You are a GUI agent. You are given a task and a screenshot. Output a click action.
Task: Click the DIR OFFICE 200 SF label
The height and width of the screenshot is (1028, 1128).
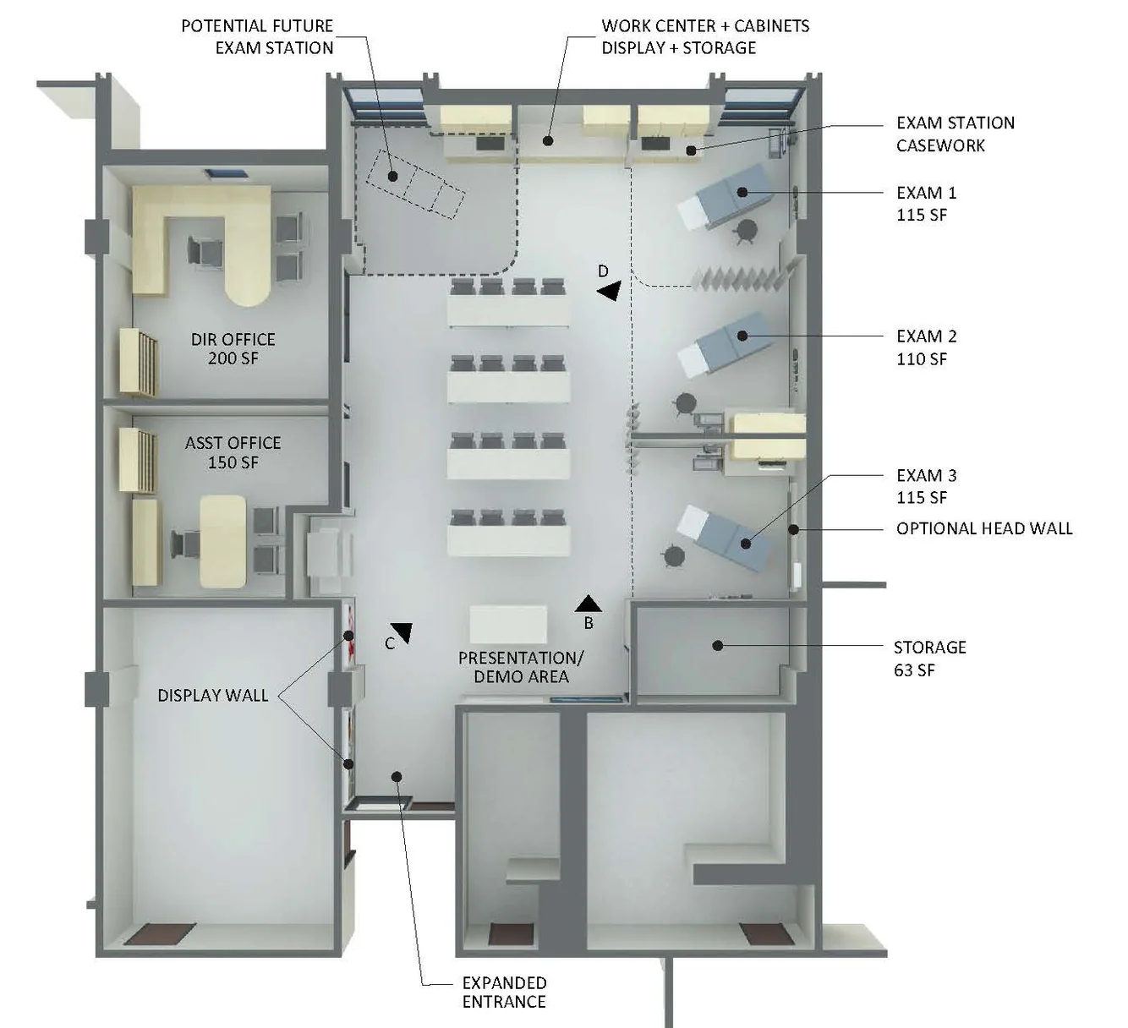[x=233, y=348]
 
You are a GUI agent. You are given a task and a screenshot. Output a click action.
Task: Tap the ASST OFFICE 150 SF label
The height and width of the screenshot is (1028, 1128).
[x=233, y=452]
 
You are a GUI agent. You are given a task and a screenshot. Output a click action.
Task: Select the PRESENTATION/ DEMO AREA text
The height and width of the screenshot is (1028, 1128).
[x=521, y=667]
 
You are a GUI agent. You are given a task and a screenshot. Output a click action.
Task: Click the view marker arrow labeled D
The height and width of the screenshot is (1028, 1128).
[x=610, y=291]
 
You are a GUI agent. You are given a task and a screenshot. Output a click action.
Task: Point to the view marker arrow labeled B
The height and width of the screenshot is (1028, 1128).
[x=589, y=604]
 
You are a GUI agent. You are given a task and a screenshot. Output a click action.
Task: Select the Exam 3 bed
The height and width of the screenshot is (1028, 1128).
[x=725, y=539]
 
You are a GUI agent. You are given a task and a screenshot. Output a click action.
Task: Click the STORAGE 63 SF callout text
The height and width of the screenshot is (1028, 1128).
[x=929, y=659]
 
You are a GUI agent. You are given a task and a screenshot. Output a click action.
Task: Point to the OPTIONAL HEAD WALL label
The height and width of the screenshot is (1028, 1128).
[x=984, y=528]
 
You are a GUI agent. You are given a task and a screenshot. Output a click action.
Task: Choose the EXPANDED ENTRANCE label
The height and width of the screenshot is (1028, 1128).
[x=505, y=992]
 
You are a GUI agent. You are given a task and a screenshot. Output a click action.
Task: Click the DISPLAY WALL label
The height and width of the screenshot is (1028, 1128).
[x=212, y=696]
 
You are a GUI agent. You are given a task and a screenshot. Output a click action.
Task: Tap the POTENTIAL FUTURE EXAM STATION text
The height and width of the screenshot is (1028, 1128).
[x=257, y=36]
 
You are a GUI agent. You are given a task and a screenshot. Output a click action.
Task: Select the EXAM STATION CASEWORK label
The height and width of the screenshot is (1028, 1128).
[x=956, y=134]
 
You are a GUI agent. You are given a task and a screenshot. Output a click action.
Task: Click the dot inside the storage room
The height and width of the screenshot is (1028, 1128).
[x=718, y=646]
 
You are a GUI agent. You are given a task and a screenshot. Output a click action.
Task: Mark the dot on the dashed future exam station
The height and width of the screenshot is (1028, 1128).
[x=393, y=177]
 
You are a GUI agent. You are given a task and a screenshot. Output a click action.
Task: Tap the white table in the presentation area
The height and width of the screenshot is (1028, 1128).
[x=508, y=624]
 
